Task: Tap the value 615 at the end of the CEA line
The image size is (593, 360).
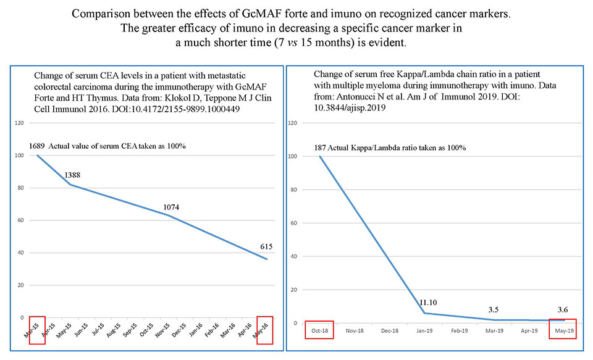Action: coord(266,246)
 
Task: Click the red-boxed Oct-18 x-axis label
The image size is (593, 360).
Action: coord(319,330)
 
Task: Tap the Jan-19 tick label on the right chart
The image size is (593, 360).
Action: coord(423,330)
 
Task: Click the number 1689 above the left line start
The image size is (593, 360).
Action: coord(38,146)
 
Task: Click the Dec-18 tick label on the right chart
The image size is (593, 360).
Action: coord(389,330)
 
